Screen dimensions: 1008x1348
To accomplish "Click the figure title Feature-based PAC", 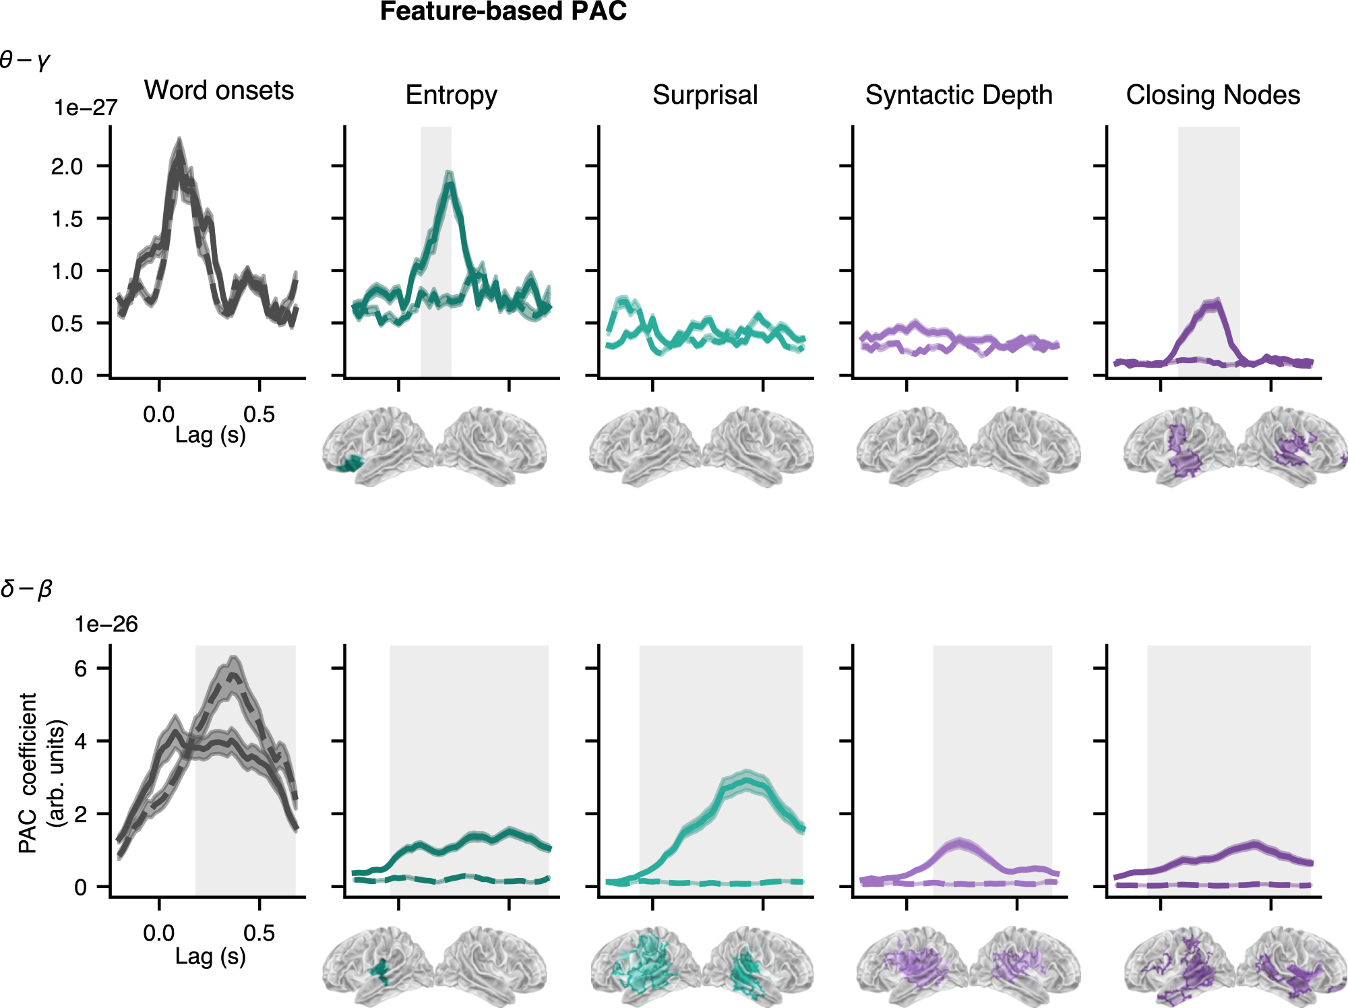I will (503, 12).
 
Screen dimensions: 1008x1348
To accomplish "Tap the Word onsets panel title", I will (219, 90).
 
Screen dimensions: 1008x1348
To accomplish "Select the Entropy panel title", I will (451, 95).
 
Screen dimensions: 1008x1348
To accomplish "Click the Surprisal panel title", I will (705, 95).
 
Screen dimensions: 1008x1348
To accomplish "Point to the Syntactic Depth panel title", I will (958, 95).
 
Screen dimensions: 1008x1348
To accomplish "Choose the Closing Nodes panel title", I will (1213, 95).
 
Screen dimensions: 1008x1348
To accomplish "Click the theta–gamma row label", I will (25, 61).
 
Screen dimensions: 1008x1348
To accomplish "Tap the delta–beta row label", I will (26, 589).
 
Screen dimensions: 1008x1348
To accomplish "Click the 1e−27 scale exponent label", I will (86, 108).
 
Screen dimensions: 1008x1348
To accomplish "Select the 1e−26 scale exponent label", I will (106, 625).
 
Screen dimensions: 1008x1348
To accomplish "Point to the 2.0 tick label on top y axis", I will (67, 166).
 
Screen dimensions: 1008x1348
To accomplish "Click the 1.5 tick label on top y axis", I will (67, 219).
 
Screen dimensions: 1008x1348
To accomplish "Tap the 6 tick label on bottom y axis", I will (81, 668).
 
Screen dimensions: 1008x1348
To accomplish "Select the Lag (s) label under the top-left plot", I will (210, 435).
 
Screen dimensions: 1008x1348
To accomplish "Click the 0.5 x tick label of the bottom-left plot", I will (259, 933).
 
